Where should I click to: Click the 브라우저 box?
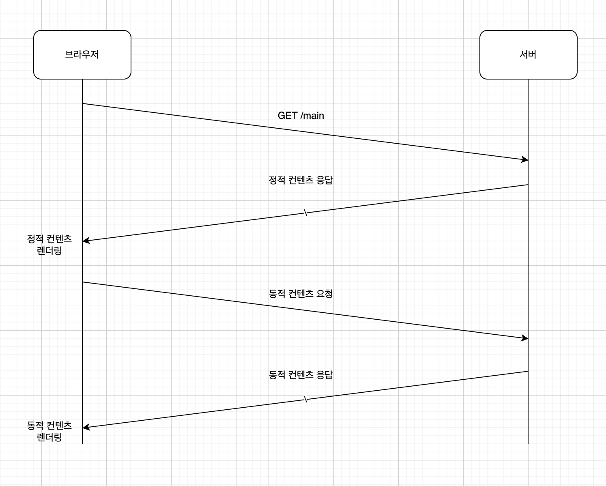point(82,54)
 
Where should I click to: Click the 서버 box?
point(528,54)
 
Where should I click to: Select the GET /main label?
point(301,116)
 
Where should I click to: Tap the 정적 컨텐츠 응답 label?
point(301,180)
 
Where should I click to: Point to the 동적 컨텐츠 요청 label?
point(301,294)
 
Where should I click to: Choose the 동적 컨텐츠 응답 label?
point(301,375)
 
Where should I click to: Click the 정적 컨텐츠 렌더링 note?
point(49,245)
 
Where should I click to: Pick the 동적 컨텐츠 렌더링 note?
point(49,431)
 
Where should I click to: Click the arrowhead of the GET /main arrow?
point(525,160)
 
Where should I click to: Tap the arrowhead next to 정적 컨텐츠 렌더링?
point(85,241)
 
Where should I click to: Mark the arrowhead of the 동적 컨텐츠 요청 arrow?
point(525,338)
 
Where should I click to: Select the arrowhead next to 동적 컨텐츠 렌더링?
point(85,427)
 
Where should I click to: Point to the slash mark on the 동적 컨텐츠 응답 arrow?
point(305,400)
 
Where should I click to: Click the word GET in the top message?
point(288,116)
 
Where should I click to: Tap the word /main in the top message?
point(312,116)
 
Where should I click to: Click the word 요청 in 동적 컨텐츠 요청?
point(324,294)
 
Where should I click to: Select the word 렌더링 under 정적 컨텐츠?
point(49,251)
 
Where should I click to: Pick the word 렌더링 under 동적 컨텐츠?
point(49,437)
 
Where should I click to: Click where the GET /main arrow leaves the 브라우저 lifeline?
point(83,103)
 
